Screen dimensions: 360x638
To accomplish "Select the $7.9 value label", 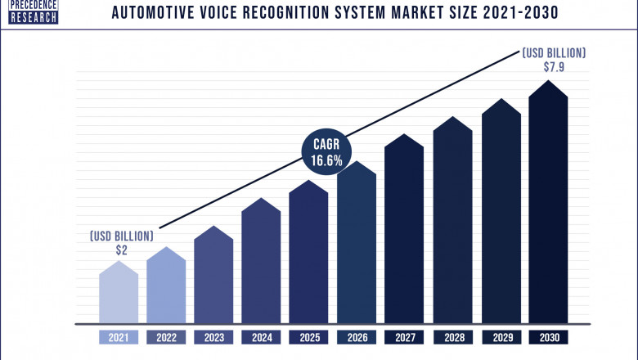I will coord(554,66).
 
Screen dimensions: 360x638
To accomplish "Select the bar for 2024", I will coord(261,262).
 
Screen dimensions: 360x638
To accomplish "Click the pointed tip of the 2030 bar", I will coord(549,83).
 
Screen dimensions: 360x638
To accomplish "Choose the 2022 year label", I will coord(166,336).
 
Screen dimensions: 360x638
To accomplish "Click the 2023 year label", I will coord(213,336).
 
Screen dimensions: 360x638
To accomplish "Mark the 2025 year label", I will coord(309,336).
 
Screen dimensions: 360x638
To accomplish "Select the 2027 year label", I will coord(405,336).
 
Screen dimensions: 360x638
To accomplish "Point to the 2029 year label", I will coord(501,336).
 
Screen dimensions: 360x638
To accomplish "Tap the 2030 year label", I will coord(549,336).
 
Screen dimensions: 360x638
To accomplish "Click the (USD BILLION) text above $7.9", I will coord(554,52).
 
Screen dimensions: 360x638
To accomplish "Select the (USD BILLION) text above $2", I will coord(121,236).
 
